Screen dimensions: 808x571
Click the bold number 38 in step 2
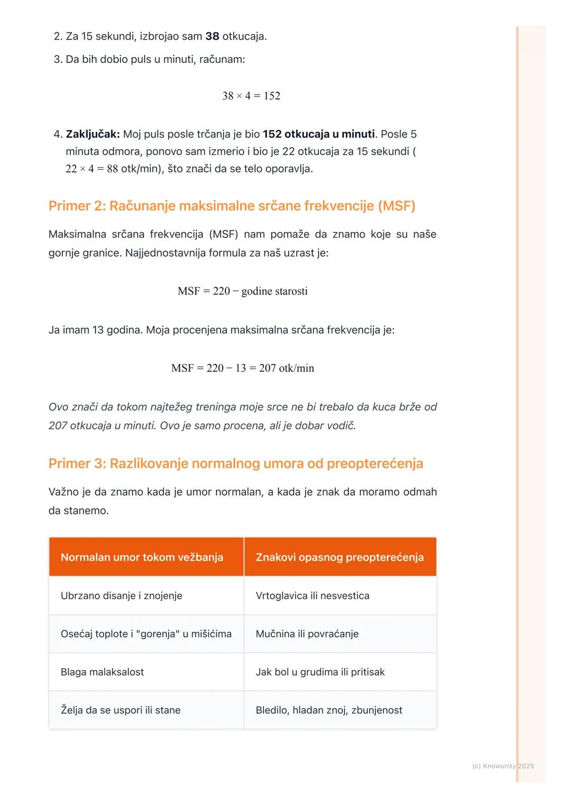[212, 36]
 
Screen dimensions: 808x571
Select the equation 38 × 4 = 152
[251, 96]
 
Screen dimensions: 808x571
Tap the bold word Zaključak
[93, 134]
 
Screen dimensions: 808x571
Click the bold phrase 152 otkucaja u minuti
[318, 134]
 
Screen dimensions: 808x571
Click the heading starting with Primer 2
[232, 206]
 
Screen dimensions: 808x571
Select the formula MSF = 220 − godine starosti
[243, 291]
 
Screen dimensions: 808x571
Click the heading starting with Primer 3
[235, 464]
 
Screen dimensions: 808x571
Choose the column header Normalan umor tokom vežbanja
[142, 557]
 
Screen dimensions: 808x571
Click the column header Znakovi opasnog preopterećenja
[339, 557]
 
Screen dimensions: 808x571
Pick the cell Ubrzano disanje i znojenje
[121, 596]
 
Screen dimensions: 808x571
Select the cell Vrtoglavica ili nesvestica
[312, 596]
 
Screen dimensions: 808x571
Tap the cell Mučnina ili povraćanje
[307, 634]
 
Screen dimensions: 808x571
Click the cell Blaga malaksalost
[102, 672]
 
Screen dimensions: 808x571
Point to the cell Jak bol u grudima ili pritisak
[320, 672]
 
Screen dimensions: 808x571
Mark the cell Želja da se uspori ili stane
[121, 710]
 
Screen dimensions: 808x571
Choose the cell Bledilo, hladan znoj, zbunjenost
[329, 710]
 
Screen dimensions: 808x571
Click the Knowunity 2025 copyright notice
[503, 766]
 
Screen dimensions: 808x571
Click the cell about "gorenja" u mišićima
[146, 634]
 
